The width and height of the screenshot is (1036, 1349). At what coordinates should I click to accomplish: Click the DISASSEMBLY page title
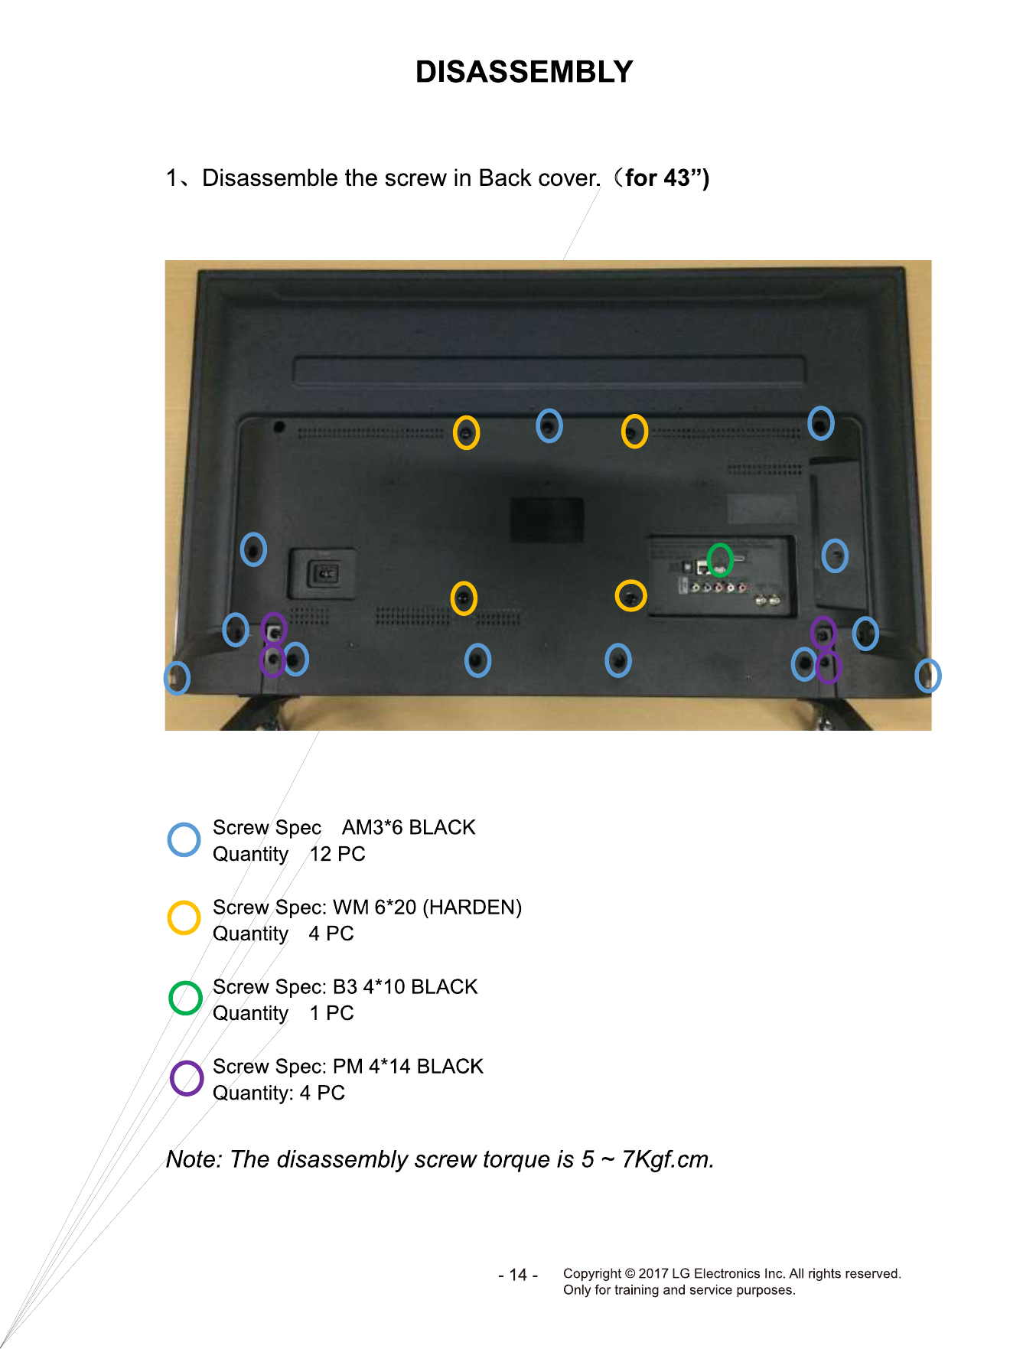524,72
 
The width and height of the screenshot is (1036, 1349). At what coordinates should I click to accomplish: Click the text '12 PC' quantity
337,854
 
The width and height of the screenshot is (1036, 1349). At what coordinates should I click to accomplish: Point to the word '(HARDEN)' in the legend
472,907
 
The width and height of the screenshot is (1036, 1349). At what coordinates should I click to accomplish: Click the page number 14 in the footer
518,1275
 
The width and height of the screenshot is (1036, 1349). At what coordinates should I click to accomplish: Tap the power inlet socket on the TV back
323,573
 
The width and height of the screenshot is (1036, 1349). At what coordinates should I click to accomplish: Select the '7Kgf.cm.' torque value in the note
668,1160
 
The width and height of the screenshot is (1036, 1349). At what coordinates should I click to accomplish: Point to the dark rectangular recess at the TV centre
547,521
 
